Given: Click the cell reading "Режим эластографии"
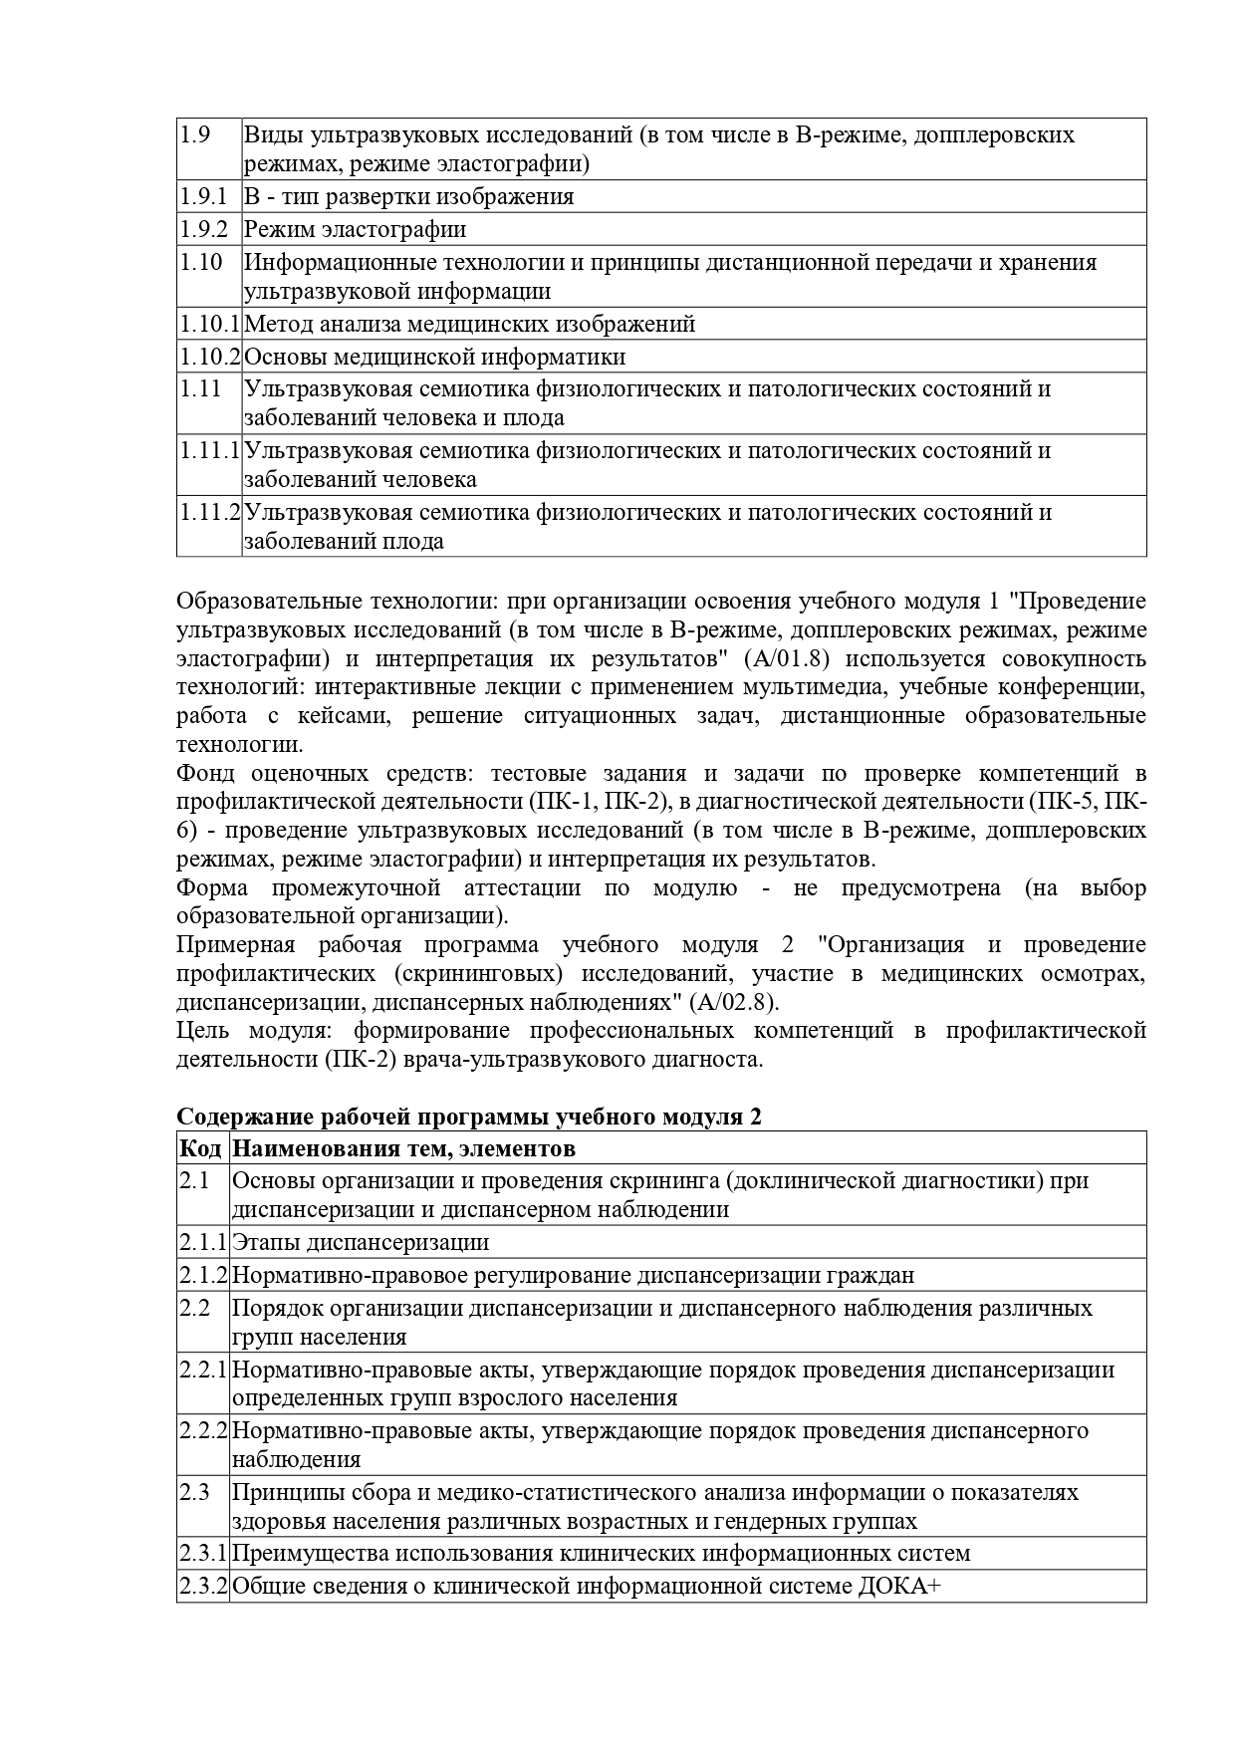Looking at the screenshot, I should coord(356,229).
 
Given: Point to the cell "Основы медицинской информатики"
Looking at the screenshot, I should coord(435,357).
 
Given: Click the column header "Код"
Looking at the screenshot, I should coord(200,1148).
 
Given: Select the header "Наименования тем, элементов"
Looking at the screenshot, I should coord(403,1148).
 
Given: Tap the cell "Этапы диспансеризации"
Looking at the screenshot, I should coord(361,1242).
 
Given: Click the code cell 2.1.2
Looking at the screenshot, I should coord(203,1275).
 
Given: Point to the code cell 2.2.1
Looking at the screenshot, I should coord(203,1370).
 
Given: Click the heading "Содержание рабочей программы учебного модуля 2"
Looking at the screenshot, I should coord(469,1118).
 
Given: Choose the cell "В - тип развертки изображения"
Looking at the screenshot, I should coord(409,196).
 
